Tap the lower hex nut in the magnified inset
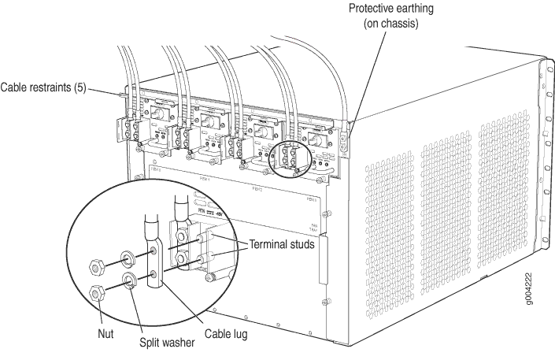tap(98, 294)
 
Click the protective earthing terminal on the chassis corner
tap(344, 140)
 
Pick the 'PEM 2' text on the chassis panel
tap(257, 190)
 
